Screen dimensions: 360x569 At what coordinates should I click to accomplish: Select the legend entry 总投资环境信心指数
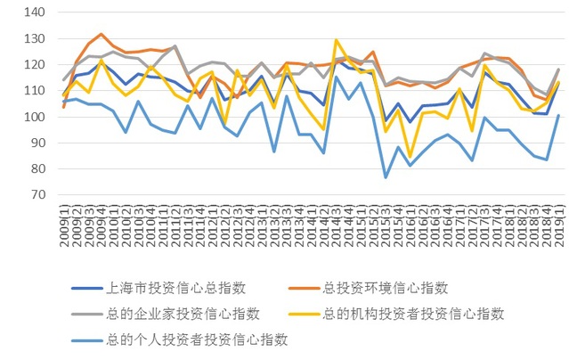pos(386,287)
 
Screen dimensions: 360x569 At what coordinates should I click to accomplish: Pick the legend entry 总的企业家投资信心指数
pos(182,313)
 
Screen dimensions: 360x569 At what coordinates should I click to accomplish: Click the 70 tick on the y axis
pos(36,194)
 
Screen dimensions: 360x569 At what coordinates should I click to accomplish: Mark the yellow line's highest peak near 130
pos(336,40)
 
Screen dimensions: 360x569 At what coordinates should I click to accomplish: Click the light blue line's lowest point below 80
pos(385,177)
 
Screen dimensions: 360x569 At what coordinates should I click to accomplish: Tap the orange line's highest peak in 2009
pos(101,34)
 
